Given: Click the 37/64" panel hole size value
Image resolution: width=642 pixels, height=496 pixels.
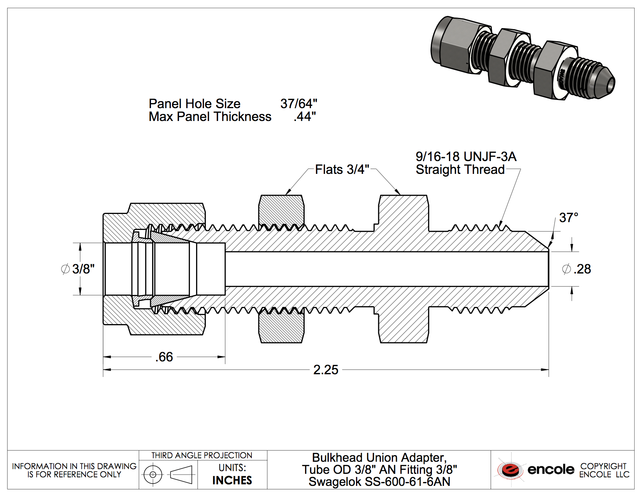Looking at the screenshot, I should [x=298, y=104].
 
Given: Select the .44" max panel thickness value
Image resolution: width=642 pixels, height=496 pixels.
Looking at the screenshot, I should [x=305, y=117].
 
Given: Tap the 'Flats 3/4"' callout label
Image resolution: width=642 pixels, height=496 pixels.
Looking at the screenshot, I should [x=342, y=170].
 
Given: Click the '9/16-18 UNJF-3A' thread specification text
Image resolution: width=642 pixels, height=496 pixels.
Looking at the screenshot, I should [x=466, y=157].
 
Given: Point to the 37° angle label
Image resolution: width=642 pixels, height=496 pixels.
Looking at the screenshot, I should [x=568, y=218].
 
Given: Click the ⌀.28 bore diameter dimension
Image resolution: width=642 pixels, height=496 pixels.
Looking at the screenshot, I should [x=577, y=269].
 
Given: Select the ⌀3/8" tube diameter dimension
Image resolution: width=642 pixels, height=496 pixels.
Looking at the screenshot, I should [x=78, y=269].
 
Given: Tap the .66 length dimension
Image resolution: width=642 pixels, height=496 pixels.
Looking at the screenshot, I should [x=164, y=357].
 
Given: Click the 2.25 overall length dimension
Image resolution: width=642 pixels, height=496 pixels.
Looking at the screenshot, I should [x=326, y=370].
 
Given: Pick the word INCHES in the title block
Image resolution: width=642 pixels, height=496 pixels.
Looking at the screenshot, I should [x=232, y=480].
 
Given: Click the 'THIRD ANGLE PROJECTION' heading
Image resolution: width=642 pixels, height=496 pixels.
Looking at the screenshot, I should [x=202, y=456].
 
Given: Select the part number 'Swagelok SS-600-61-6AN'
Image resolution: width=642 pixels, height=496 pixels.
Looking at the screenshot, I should [x=379, y=482].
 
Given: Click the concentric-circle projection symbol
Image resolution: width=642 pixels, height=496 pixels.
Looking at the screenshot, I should [x=153, y=475].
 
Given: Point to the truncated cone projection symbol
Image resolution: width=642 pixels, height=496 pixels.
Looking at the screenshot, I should [x=182, y=475].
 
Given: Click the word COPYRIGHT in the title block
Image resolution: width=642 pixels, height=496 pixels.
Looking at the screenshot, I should [x=603, y=466].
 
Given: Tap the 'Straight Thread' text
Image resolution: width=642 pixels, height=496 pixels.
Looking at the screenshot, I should [x=460, y=170].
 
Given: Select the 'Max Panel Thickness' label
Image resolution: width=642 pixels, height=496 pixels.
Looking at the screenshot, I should [x=210, y=117].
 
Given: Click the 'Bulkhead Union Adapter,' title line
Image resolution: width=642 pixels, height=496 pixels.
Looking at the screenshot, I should [x=379, y=457].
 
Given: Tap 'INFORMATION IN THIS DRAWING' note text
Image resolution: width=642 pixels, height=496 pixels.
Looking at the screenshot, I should [x=74, y=466].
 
